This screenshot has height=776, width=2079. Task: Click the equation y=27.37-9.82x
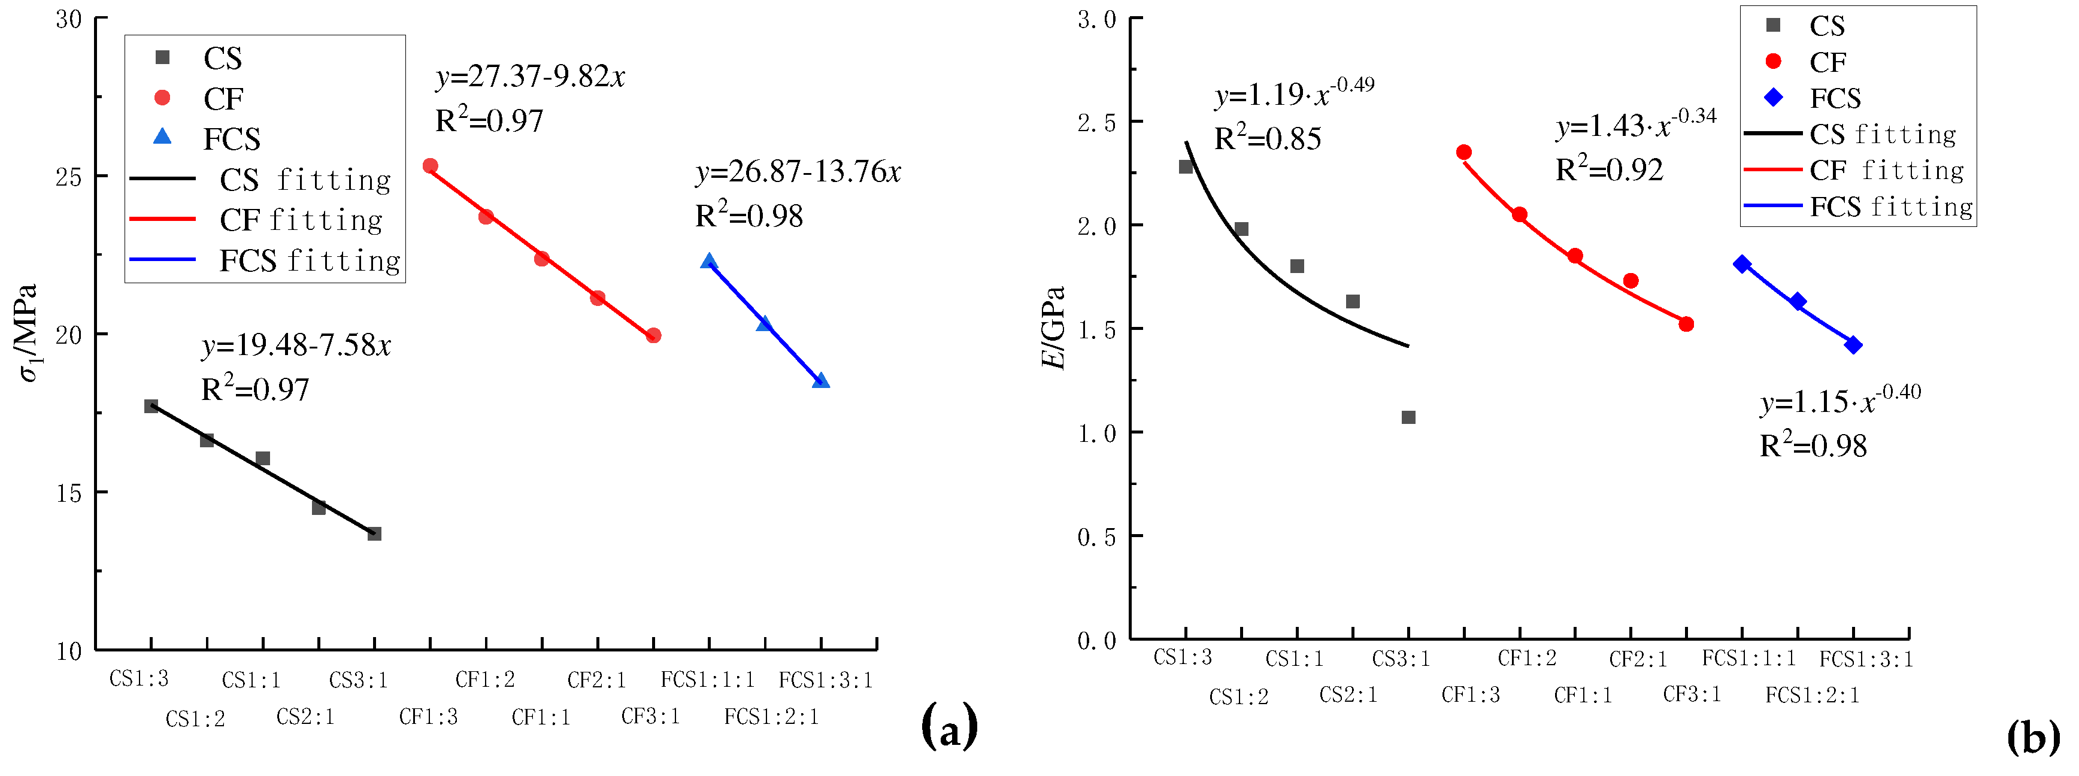[531, 77]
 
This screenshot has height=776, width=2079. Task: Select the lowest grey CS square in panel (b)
[1408, 417]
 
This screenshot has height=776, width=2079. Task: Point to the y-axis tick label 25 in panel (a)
[69, 177]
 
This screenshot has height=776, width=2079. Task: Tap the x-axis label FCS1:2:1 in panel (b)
[1812, 695]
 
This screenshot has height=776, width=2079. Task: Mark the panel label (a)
[949, 725]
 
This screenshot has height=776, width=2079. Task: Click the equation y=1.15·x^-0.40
[1840, 401]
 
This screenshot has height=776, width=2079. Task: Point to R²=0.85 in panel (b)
[1267, 139]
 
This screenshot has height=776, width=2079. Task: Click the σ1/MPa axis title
[29, 332]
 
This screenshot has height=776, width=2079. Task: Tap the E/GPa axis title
[1053, 327]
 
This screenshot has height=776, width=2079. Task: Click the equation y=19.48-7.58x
[295, 345]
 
